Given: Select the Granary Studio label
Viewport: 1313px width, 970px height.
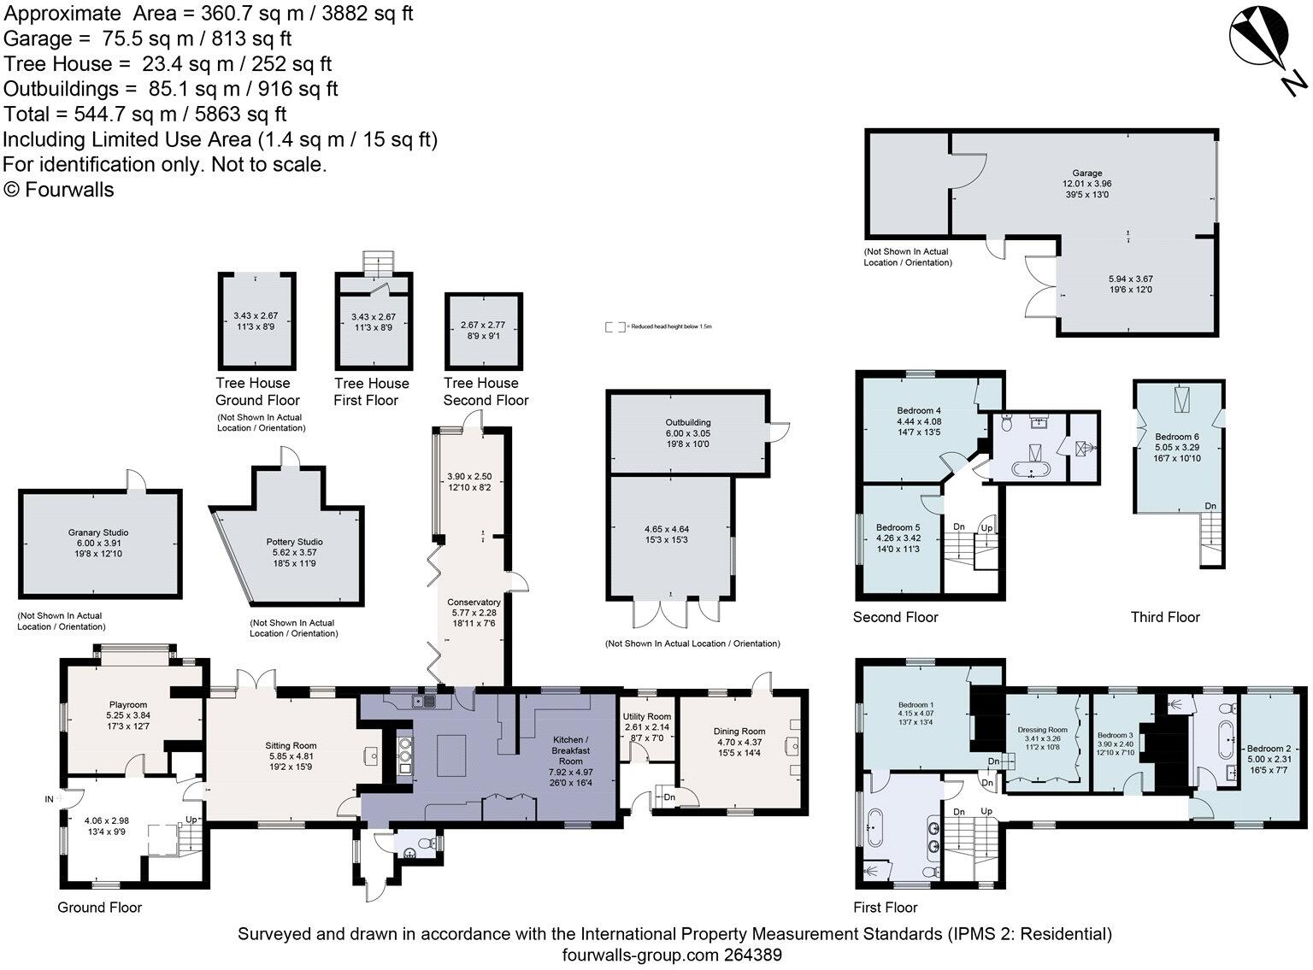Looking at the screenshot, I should pos(98,532).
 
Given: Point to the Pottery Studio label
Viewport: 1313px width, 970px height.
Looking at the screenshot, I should pos(294,542).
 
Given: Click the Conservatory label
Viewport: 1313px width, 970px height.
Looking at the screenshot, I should pos(475,603).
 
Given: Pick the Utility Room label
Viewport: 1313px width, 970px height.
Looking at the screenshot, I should pos(647,716).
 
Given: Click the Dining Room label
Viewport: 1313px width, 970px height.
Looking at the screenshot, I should pos(739,732).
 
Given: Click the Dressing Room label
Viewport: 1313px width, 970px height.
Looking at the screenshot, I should pos(1043,730).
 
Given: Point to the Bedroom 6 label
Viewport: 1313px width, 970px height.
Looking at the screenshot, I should pos(1177,436).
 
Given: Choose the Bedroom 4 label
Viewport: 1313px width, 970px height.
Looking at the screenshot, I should pos(919,411).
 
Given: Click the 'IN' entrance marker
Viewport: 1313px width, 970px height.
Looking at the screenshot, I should pos(50,799).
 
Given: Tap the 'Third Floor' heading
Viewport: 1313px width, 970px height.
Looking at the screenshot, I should pos(1165,617).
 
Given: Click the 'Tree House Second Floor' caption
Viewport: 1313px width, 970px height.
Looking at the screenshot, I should pos(485,391).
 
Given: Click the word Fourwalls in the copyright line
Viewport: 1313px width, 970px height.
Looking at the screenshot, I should pos(69,190).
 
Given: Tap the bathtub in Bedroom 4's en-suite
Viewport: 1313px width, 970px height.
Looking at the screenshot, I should pos(1033,469).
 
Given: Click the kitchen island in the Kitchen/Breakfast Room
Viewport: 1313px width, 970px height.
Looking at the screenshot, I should pos(453,755).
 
